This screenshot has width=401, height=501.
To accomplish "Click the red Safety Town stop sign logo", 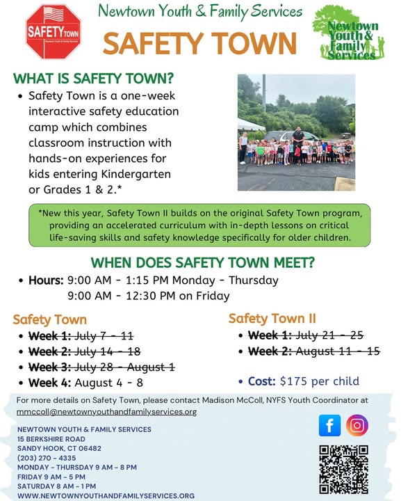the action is (54, 31).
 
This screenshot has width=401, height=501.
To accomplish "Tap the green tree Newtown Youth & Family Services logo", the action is (349, 32).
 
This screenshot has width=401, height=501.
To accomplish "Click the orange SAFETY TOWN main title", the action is (200, 43).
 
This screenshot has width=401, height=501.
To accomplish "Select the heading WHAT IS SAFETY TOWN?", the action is (93, 78).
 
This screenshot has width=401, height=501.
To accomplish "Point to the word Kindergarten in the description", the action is (136, 174).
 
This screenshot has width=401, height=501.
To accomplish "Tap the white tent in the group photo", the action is (251, 125).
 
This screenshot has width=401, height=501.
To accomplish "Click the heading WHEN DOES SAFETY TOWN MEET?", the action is (203, 262).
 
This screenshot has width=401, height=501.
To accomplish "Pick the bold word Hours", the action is (47, 280).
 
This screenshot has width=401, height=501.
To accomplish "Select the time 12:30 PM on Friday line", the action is (148, 296).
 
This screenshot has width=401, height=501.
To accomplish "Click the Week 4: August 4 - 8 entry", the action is (85, 383).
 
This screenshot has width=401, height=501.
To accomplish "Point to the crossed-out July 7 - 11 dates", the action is (104, 336).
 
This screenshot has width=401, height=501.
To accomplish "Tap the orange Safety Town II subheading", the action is (272, 319).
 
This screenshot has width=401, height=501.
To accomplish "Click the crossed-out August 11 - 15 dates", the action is (338, 351).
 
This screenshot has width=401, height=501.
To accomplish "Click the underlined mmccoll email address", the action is (106, 412).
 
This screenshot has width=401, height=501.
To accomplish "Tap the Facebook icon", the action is (329, 425).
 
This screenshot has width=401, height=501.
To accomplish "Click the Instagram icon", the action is (357, 425).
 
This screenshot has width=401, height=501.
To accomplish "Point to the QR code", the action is (344, 470).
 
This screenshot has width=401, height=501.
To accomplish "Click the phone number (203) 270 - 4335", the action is (47, 458).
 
